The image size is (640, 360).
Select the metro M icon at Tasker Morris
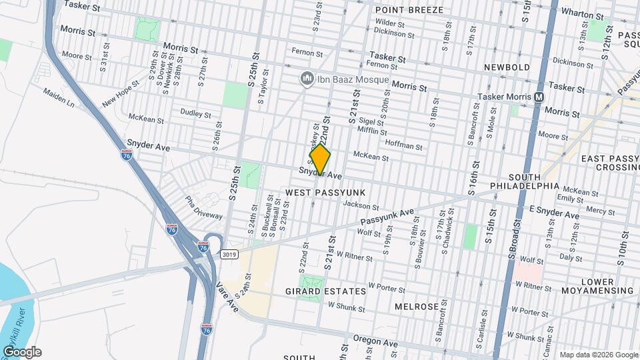(x=538, y=97)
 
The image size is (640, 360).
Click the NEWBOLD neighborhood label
(x=507, y=67)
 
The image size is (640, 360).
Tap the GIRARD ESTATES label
(x=325, y=291)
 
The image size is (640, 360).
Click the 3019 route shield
(x=230, y=254)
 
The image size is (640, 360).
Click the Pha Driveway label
(x=203, y=207)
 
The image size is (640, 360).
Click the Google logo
(x=21, y=351)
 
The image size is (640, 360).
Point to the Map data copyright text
(x=598, y=355)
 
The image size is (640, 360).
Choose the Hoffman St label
(x=404, y=145)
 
